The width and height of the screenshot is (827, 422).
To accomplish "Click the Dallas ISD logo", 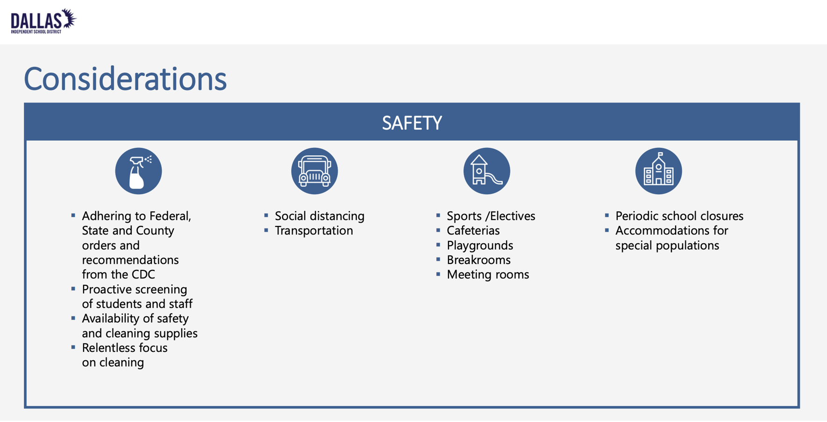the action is click(43, 22).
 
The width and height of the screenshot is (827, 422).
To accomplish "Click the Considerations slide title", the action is click(125, 79).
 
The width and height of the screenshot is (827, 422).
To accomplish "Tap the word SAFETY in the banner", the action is click(412, 123).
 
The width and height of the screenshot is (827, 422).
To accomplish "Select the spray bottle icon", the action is click(138, 171).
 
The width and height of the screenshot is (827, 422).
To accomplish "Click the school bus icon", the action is click(314, 171).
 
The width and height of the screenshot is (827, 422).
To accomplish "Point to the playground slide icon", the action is click(486, 171).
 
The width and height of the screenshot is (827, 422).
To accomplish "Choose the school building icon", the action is click(658, 171).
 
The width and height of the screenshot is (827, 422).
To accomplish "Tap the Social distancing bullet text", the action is click(320, 216).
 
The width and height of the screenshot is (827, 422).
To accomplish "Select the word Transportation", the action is click(314, 231).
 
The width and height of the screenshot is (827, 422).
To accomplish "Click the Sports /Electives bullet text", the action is click(491, 216).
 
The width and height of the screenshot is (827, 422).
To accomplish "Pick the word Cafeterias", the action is click(473, 231).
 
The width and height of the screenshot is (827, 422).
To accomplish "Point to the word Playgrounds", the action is click(480, 246).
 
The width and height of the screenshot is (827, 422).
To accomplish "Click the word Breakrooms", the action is click(479, 260).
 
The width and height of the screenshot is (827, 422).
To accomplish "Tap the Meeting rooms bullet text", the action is click(488, 275).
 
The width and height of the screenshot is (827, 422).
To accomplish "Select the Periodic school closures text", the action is click(679, 216).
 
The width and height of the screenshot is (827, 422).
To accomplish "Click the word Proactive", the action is click(108, 290).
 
